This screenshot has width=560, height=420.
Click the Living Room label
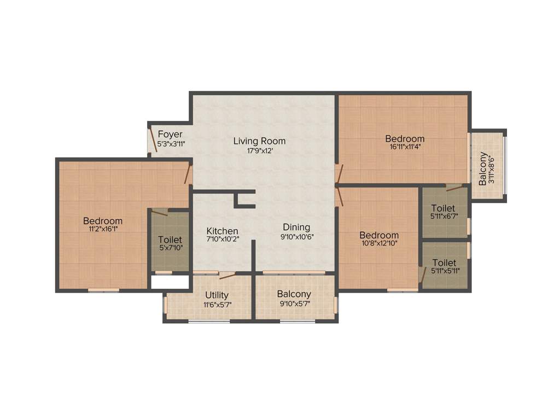pyautogui.click(x=259, y=141)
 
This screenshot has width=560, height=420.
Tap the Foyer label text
pyautogui.click(x=170, y=135)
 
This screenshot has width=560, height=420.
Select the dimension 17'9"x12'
pyautogui.click(x=259, y=150)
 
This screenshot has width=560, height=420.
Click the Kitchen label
pyautogui.click(x=222, y=231)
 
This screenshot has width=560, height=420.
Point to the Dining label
pyautogui.click(x=296, y=227)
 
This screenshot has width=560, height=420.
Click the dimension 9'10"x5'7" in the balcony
pyautogui.click(x=294, y=304)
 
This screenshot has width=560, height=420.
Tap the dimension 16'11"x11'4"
pyautogui.click(x=404, y=147)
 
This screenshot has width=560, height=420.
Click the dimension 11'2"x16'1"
pyautogui.click(x=103, y=230)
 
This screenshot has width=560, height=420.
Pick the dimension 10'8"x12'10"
pyautogui.click(x=379, y=244)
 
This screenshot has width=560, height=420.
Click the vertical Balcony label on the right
pyautogui.click(x=483, y=169)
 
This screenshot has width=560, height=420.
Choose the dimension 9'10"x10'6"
pyautogui.click(x=296, y=237)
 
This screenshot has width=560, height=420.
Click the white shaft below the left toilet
pyautogui.click(x=170, y=282)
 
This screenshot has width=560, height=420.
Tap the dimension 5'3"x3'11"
pyautogui.click(x=171, y=144)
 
